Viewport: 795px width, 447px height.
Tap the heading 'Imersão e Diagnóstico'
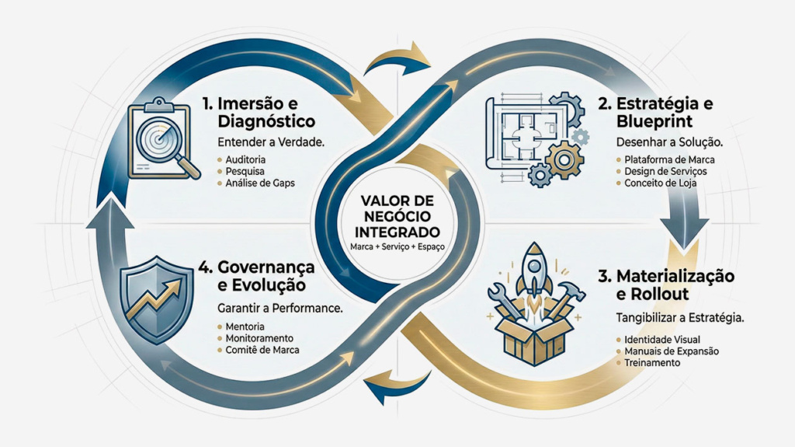(257, 113)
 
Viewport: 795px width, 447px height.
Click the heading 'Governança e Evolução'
(256, 275)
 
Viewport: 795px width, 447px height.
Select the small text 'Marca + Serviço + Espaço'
(397, 246)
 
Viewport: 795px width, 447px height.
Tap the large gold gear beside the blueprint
(564, 160)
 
